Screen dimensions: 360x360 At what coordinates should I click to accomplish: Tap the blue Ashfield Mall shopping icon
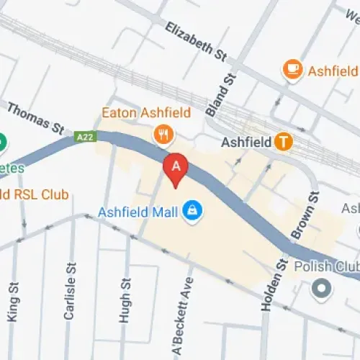click(192, 211)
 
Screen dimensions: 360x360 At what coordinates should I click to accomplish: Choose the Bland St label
click(230, 87)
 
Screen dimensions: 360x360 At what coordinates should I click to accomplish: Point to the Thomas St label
click(36, 117)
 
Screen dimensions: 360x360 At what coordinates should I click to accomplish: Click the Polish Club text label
click(327, 266)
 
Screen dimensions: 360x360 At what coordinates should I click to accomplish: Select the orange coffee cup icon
click(292, 68)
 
